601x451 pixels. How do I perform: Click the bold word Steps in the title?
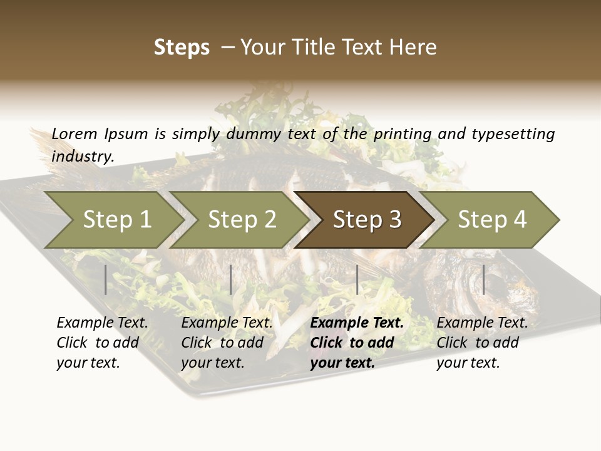pos(182,48)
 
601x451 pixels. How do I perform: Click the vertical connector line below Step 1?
pos(106,279)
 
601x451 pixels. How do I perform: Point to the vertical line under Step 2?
pos(231,279)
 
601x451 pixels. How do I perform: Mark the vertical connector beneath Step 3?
pos(357,279)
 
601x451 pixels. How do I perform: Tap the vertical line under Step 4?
pos(483,279)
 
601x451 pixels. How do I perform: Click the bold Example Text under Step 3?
pos(357,343)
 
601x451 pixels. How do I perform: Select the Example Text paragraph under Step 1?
pos(102,343)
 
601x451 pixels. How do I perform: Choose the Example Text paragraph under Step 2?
pos(227,343)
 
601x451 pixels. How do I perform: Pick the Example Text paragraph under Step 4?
pos(482,343)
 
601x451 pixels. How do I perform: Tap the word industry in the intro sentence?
pos(82,156)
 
